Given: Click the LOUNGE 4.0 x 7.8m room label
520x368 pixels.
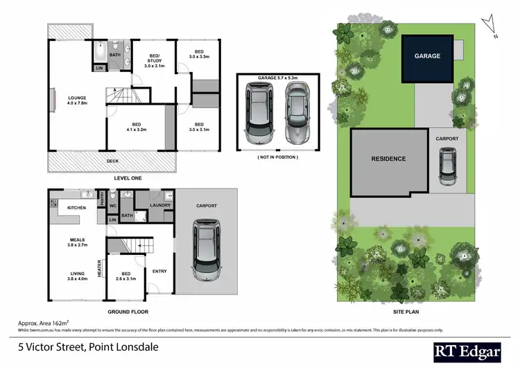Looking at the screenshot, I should pos(76,100).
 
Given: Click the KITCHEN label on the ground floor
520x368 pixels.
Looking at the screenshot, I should pos(76,207).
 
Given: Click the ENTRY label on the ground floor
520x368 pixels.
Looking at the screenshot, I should pos(159,271).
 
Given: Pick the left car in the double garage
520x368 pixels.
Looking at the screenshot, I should pos(259,114).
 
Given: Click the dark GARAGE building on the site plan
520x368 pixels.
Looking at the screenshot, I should pos(427,56).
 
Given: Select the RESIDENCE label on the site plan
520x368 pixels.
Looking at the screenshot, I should pos(388,159).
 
